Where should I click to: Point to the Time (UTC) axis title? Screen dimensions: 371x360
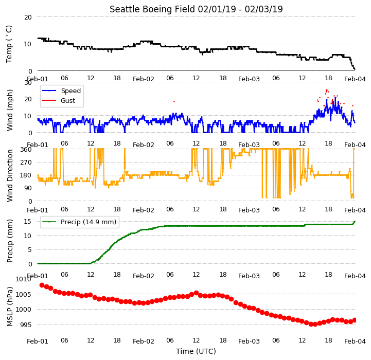pyautogui.click(x=196, y=351)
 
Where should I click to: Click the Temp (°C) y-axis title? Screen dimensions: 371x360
pyautogui.click(x=9, y=44)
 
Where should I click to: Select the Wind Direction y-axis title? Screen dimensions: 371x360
pyautogui.click(x=9, y=175)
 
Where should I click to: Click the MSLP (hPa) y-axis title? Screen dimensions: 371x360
pyautogui.click(x=9, y=307)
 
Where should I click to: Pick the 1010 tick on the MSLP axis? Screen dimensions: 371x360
pyautogui.click(x=23, y=279)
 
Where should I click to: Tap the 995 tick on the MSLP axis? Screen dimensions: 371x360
pyautogui.click(x=26, y=325)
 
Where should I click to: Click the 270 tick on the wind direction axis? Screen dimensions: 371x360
pyautogui.click(x=26, y=163)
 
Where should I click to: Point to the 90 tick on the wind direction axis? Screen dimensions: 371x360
pyautogui.click(x=28, y=188)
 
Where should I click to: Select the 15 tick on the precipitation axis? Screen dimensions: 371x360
pyautogui.click(x=27, y=222)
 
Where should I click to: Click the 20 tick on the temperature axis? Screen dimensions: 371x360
pyautogui.click(x=28, y=17)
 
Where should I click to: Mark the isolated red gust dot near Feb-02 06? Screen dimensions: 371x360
pyautogui.click(x=174, y=101)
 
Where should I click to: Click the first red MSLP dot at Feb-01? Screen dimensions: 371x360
pyautogui.click(x=42, y=285)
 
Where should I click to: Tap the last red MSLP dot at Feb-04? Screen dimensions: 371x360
pyautogui.click(x=355, y=320)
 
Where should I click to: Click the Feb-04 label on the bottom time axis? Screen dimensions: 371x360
pyautogui.click(x=355, y=341)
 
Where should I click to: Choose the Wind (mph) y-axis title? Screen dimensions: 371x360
pyautogui.click(x=9, y=110)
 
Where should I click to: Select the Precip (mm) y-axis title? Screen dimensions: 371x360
pyautogui.click(x=9, y=241)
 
